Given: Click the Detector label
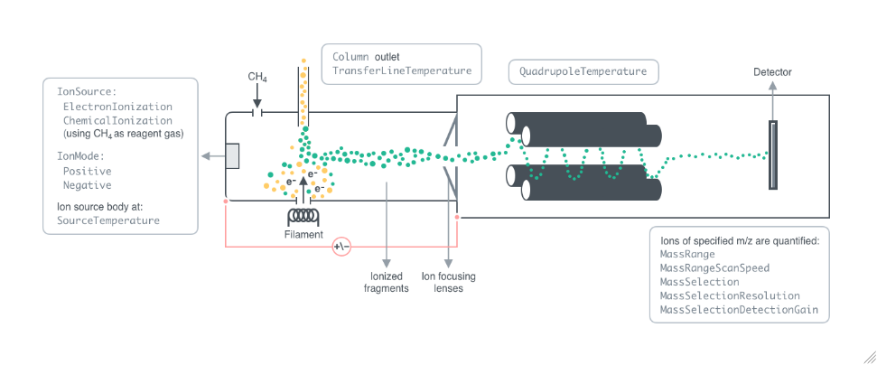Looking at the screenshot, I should (772, 71).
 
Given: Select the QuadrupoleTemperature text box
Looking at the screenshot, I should (583, 71).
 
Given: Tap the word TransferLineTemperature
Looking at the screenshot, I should (402, 70).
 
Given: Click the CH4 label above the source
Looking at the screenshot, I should (258, 78).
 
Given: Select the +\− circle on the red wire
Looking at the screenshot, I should (341, 246).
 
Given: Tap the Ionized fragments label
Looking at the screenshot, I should (387, 283).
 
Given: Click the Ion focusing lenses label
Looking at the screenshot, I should (449, 283).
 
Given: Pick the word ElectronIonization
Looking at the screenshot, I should (117, 107).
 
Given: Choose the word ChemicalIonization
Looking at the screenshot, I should (117, 120).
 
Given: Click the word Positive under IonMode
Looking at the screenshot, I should (87, 171).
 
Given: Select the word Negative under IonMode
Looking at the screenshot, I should (87, 184).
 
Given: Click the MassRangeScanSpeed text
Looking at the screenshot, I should (716, 268).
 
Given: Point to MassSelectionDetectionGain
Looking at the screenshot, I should (739, 309).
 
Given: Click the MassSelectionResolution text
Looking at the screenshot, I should (730, 295).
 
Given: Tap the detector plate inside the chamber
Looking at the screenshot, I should (772, 154).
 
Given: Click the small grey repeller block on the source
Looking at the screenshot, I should (232, 155).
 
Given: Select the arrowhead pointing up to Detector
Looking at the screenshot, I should (772, 85).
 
